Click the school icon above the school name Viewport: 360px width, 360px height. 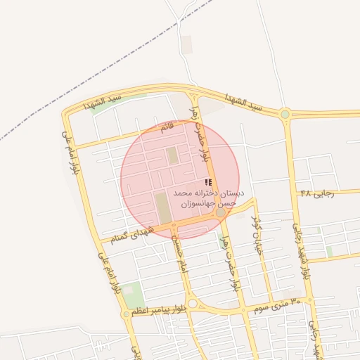207,182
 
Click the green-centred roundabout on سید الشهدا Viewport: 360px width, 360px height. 285,114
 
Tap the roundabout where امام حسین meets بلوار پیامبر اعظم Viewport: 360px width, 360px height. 193,304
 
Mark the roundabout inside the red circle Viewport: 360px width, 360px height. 221,212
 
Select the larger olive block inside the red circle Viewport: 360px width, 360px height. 162,208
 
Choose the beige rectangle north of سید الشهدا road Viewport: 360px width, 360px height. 186,44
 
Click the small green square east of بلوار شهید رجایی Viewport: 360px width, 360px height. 329,251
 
